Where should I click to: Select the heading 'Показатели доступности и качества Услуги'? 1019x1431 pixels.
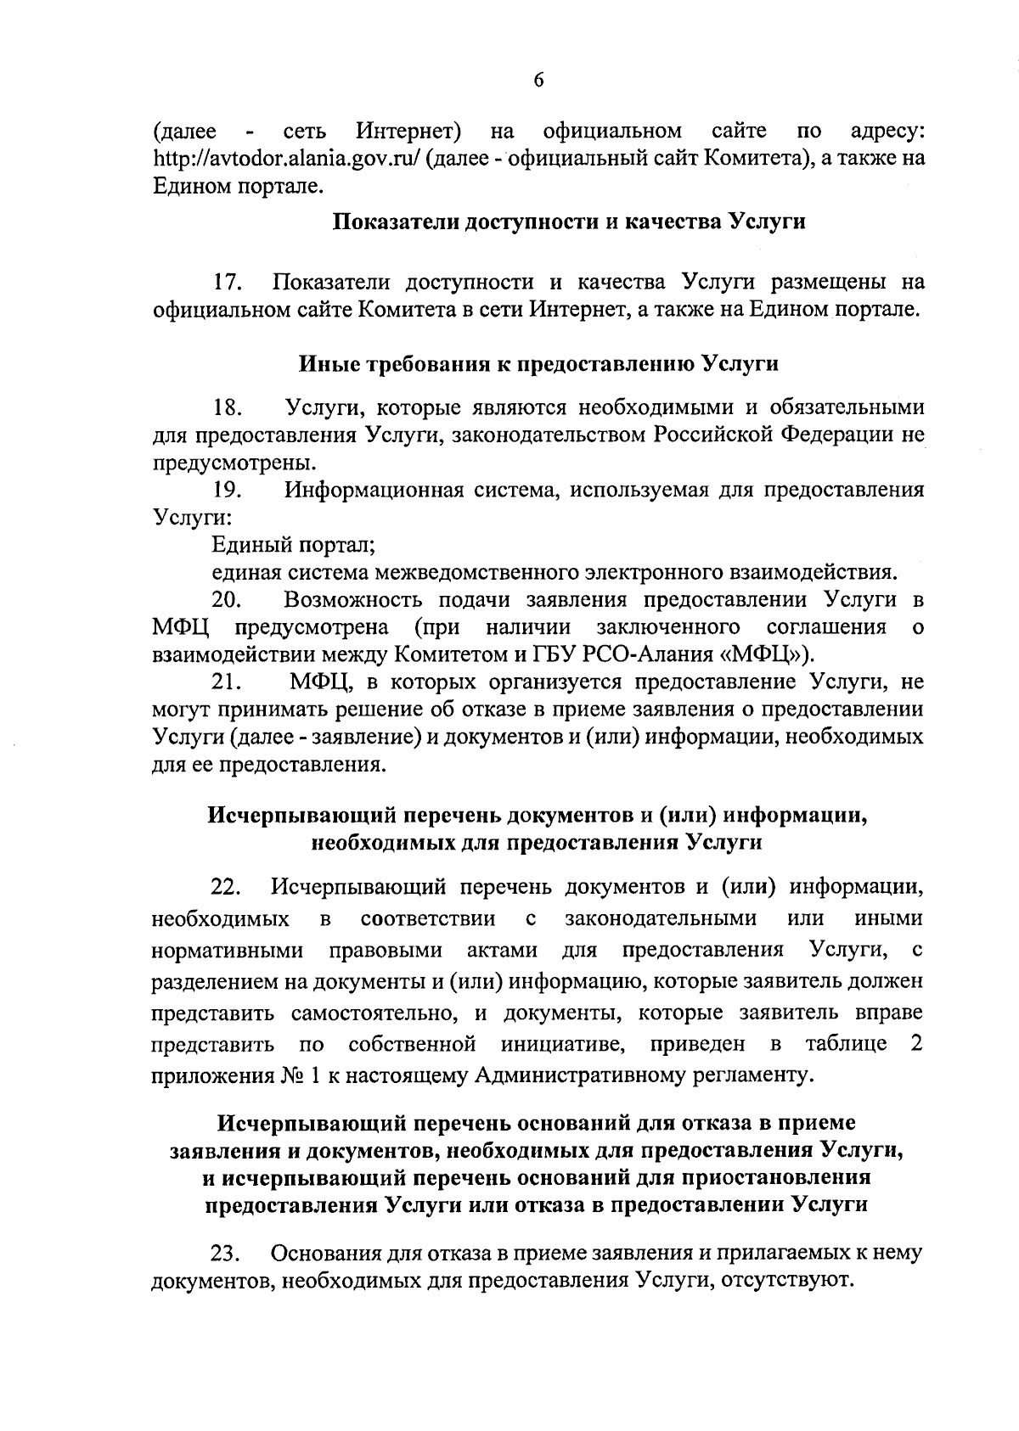[568, 222]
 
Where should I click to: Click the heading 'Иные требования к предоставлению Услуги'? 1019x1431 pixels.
[538, 364]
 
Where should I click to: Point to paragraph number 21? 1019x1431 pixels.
[228, 682]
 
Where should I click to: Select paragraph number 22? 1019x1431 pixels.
[228, 888]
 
